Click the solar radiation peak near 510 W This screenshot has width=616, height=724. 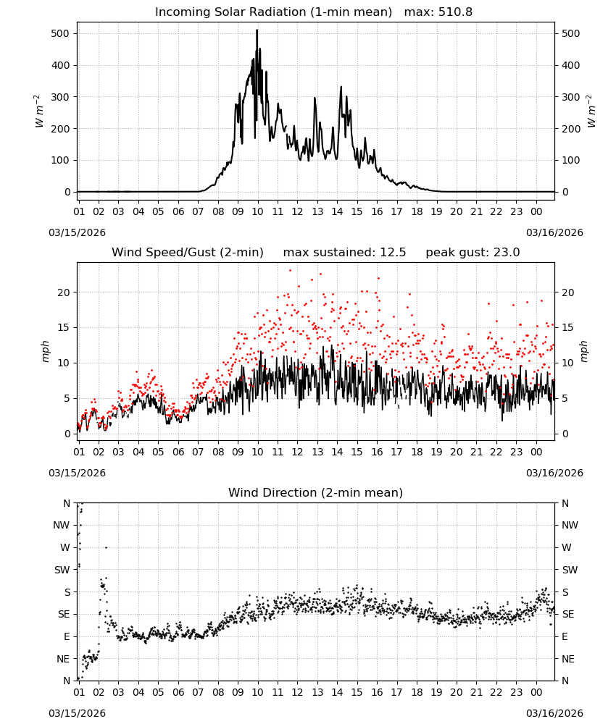(257, 30)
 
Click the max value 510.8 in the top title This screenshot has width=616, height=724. (455, 12)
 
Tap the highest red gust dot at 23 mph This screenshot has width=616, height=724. (290, 271)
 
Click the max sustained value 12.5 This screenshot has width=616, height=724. (393, 253)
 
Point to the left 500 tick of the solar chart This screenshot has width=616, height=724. (60, 34)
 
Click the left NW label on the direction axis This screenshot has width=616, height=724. (62, 525)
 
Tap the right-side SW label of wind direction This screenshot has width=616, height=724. (570, 570)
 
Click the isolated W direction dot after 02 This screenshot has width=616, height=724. (107, 547)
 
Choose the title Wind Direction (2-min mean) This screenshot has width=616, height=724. (316, 492)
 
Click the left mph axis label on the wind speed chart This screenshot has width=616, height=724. (45, 351)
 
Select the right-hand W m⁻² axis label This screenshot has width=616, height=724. (591, 111)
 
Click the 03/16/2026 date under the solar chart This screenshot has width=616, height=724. (554, 232)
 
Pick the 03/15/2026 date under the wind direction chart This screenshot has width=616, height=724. (77, 713)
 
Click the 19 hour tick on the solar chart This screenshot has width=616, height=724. (437, 211)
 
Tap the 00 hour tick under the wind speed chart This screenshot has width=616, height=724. (536, 452)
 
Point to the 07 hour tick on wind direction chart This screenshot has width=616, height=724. (198, 692)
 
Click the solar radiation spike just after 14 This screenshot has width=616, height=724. (341, 88)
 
